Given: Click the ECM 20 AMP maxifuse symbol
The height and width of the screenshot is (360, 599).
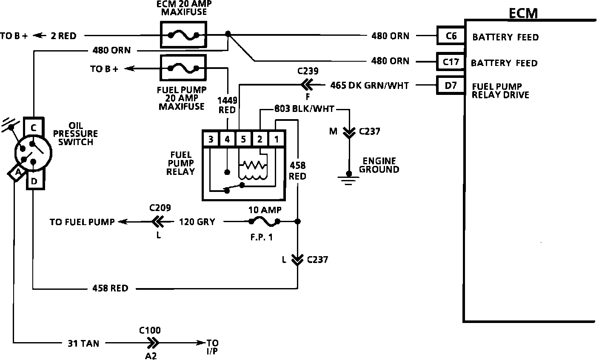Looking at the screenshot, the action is click(x=183, y=35).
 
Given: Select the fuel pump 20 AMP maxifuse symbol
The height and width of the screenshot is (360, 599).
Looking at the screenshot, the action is click(x=183, y=68).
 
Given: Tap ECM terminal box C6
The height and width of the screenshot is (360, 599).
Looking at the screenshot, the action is click(x=451, y=35).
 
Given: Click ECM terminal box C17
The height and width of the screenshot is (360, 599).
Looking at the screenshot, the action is click(x=451, y=62).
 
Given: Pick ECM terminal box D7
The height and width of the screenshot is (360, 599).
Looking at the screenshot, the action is click(x=451, y=86).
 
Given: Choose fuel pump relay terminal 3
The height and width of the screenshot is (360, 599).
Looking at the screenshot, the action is click(x=211, y=139).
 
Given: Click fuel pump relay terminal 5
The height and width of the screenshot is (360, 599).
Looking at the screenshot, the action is click(x=243, y=139).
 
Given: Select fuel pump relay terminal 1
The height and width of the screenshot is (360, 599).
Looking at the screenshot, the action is click(x=277, y=139).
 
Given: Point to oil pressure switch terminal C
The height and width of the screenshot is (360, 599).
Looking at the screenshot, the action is click(x=34, y=127).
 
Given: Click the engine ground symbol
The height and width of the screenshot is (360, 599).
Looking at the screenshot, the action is click(x=348, y=178).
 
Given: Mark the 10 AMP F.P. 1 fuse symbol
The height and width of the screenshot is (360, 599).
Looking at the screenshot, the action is click(x=264, y=221).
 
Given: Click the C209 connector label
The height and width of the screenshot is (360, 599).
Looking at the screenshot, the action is click(x=160, y=208).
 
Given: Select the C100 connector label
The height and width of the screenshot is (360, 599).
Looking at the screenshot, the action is click(x=150, y=330).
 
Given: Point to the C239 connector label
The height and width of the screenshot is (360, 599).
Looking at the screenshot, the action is click(x=308, y=71).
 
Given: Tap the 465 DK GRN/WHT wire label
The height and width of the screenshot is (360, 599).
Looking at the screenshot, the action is click(x=369, y=86).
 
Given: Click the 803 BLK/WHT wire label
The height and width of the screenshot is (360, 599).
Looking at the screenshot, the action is click(x=304, y=109).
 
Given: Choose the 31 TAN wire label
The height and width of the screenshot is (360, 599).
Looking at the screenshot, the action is click(x=83, y=343).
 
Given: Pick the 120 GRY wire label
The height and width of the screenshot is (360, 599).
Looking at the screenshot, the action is click(x=197, y=222).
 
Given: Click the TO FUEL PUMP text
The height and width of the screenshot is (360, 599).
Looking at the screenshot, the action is click(x=82, y=222).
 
